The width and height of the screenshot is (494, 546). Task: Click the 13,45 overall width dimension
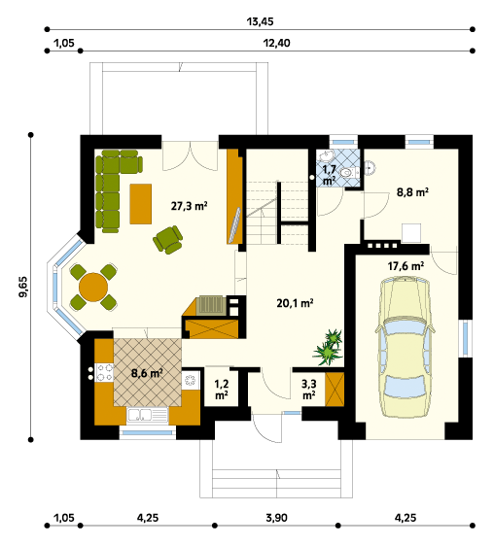tap(260, 21)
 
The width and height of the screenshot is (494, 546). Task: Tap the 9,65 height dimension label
tap(23, 287)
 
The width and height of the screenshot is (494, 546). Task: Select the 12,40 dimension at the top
tap(276, 43)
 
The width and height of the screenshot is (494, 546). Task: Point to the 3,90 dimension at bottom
tap(276, 518)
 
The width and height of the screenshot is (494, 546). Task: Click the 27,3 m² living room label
tap(190, 206)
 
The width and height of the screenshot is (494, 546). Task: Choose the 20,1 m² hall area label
tap(295, 303)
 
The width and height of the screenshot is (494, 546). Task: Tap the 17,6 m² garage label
tap(406, 266)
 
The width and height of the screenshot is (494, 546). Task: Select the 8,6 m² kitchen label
tap(147, 373)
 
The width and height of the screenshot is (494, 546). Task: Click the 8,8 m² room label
tap(412, 191)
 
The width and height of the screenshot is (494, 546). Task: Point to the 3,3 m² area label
tap(309, 390)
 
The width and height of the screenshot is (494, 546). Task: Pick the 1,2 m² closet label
tap(222, 390)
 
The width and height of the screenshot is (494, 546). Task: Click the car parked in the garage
tap(406, 347)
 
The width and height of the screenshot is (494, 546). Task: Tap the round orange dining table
tap(93, 288)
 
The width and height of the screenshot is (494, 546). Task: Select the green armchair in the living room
tap(167, 239)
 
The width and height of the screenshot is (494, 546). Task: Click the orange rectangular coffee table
tap(140, 204)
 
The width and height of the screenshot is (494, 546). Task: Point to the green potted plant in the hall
tap(329, 348)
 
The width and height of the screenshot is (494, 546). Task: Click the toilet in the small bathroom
tap(349, 172)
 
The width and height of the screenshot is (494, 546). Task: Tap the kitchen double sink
tap(140, 415)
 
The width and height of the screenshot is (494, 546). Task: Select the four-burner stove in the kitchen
tap(104, 372)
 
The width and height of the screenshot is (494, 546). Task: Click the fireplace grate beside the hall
tap(211, 305)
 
